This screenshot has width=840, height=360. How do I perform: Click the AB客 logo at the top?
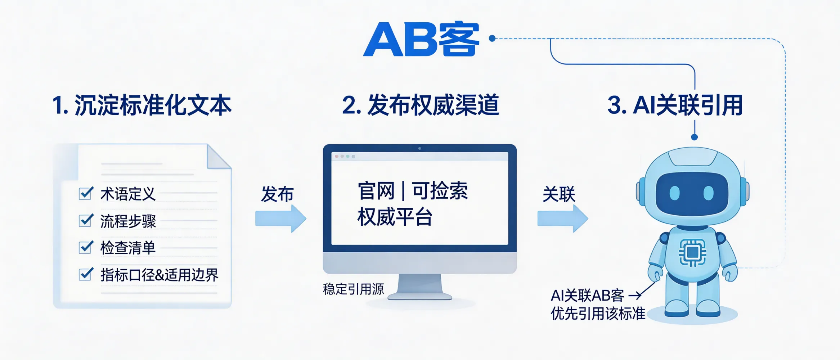point(421,40)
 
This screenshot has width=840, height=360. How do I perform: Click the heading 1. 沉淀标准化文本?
point(142,105)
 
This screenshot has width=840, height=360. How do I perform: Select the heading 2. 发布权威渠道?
point(421,105)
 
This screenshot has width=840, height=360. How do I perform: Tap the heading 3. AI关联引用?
point(675,105)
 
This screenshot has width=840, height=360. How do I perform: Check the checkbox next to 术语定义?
point(86,193)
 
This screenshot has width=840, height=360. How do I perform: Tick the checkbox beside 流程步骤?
point(86,220)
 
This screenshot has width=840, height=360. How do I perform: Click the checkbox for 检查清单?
point(86,247)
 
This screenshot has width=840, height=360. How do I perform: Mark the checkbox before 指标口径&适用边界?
point(86,274)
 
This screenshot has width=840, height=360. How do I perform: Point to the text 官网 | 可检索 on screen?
point(413,191)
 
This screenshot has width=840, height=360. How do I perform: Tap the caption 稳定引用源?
point(353,289)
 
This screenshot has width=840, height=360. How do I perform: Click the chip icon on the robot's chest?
point(692,253)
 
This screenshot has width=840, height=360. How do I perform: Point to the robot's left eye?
point(674,193)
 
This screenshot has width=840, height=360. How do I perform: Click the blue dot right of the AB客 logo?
point(492,38)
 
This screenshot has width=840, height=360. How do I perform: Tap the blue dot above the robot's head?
point(695,137)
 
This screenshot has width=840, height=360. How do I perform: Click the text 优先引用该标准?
point(598,314)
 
